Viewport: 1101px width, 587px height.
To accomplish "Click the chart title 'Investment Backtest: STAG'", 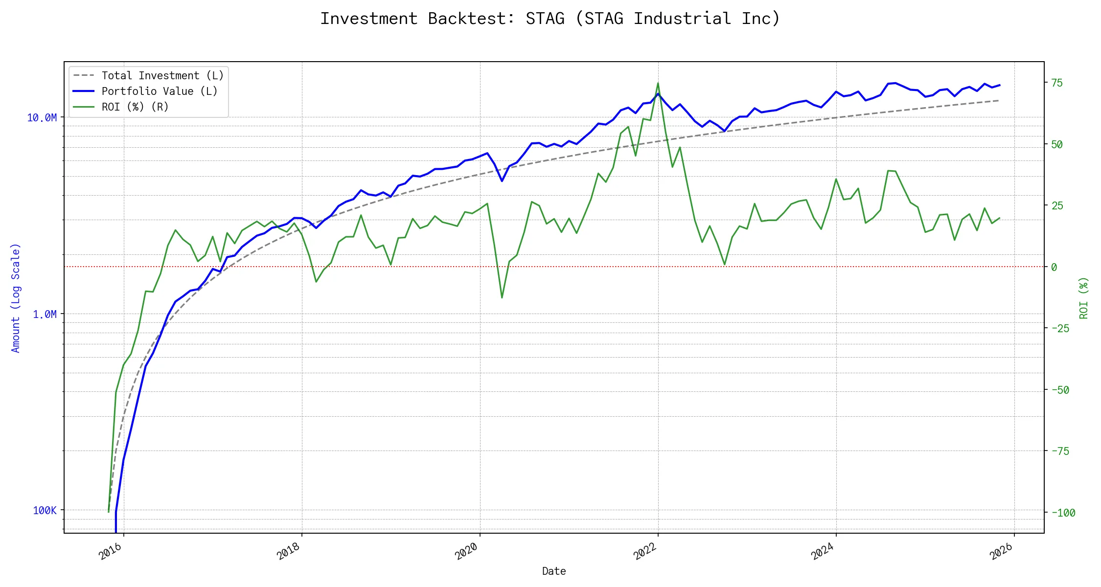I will pos(550,19).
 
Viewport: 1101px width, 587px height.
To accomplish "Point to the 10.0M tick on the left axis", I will pos(42,118).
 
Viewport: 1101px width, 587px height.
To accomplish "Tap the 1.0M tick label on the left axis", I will pos(45,315).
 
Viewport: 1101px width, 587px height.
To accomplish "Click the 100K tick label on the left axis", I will pos(45,511).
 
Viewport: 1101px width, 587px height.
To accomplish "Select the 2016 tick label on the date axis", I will pos(111,551).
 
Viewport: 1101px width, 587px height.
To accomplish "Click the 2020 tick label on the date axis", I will pos(466,551).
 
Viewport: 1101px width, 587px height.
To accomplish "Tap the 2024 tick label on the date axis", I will pos(823,551).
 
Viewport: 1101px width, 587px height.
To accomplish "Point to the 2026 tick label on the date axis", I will pos(1001,551).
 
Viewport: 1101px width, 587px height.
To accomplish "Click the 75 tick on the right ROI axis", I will pos(1057,83).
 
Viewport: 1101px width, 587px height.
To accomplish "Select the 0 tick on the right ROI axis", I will pos(1054,267).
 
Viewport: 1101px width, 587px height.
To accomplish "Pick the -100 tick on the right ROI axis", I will pos(1063,513).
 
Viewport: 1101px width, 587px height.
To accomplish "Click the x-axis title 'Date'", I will pos(554,571).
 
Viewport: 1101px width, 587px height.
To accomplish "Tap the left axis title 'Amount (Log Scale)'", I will pos(16,298).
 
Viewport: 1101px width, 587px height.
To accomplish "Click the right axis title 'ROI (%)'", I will pos(1084,298).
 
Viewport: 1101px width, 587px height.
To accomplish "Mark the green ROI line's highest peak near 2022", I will pos(658,83).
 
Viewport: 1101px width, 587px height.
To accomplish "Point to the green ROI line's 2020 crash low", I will pos(502,297).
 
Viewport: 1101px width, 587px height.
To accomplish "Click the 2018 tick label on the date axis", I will pos(289,551).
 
